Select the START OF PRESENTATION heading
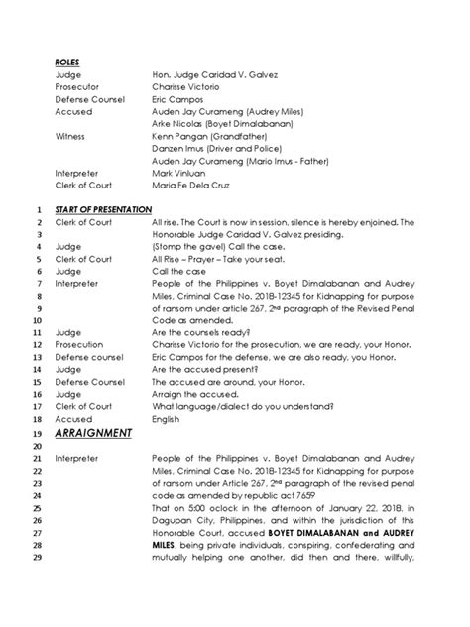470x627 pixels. [x=100, y=210]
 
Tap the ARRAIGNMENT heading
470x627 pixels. [x=94, y=432]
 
